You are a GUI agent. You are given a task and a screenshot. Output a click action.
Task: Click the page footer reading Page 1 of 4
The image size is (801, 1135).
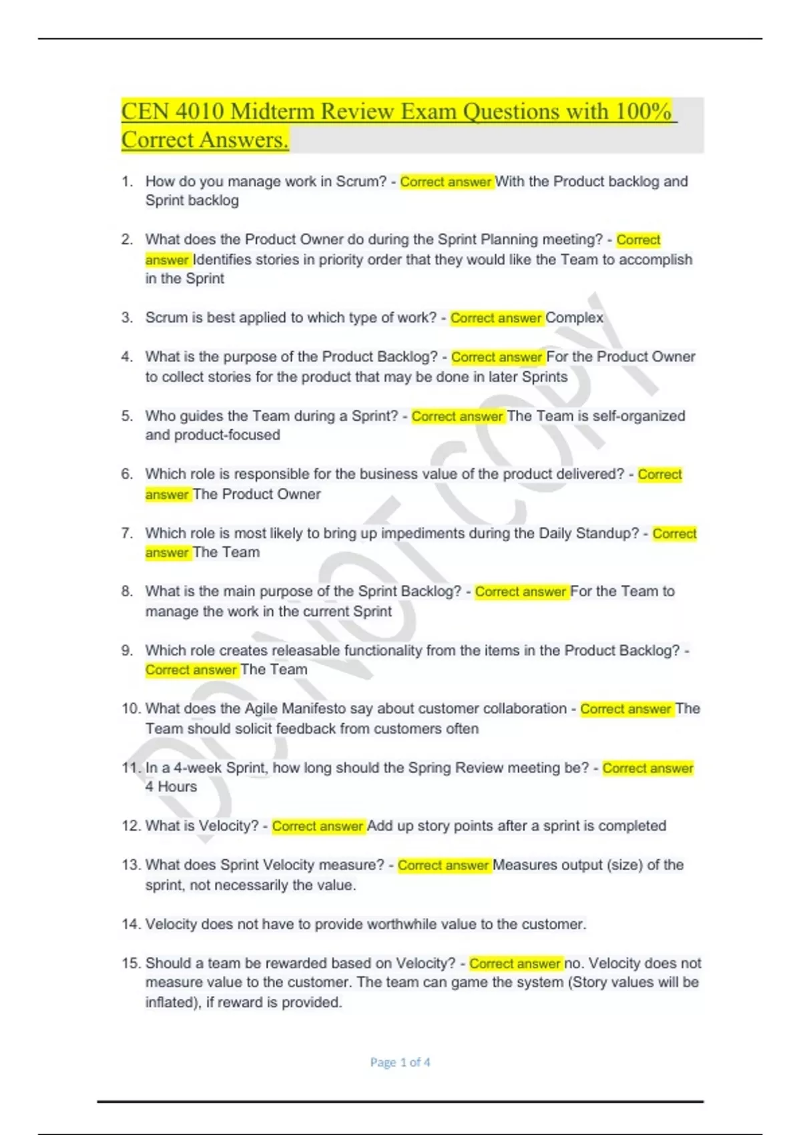point(400,1062)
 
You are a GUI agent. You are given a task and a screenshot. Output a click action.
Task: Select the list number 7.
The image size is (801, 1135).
point(127,533)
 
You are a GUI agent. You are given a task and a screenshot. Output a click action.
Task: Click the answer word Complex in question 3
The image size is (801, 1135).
point(574,318)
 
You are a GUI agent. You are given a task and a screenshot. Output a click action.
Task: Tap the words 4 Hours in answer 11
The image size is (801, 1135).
point(171,787)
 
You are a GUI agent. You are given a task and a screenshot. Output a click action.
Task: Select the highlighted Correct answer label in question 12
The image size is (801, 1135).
point(318,826)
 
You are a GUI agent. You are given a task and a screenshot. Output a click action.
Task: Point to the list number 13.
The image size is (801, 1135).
point(131,865)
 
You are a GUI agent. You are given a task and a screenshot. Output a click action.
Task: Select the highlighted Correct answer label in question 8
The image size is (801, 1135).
point(521,592)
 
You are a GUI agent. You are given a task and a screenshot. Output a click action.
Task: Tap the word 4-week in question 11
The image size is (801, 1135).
point(198,768)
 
